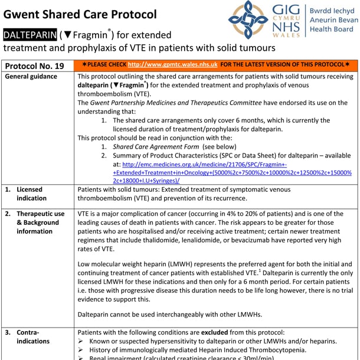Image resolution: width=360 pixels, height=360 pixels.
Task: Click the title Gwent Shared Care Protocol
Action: [x=81, y=14]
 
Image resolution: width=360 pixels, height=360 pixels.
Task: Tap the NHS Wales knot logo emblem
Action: [x=248, y=21]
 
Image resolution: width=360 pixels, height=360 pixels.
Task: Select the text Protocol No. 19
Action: [x=35, y=65]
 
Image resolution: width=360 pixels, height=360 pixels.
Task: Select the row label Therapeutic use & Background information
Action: [x=40, y=222]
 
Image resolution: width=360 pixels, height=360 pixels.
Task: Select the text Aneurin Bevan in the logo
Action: [x=333, y=19]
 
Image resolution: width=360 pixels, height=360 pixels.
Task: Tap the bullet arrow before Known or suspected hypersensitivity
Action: [x=81, y=342]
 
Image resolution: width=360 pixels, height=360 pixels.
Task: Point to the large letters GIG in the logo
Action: [x=286, y=10]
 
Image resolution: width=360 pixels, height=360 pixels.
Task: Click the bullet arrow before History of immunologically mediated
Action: [x=81, y=351]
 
